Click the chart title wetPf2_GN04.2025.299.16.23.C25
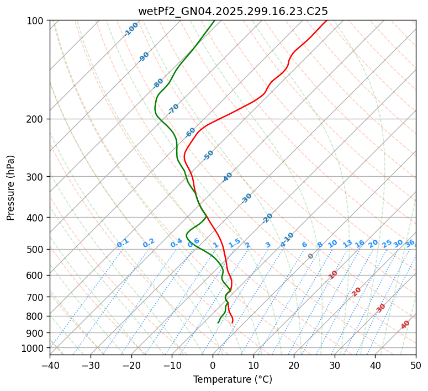pyautogui.click(x=233, y=11)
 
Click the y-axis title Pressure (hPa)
pyautogui.click(x=11, y=187)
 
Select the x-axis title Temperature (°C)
pyautogui.click(x=233, y=380)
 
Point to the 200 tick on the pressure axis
pyautogui.click(x=36, y=119)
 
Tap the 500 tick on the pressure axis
pyautogui.click(x=36, y=249)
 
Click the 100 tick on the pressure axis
pyautogui.click(x=36, y=20)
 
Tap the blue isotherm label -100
pyautogui.click(x=131, y=29)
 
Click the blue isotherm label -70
pyautogui.click(x=173, y=109)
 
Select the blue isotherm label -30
pyautogui.click(x=246, y=198)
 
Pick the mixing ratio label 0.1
pyautogui.click(x=123, y=243)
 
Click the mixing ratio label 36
pyautogui.click(x=410, y=244)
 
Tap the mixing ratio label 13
pyautogui.click(x=347, y=244)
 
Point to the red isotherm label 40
pyautogui.click(x=405, y=325)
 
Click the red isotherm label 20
pyautogui.click(x=357, y=291)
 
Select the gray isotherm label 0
pyautogui.click(x=311, y=256)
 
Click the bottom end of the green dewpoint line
pyautogui.click(x=218, y=323)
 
